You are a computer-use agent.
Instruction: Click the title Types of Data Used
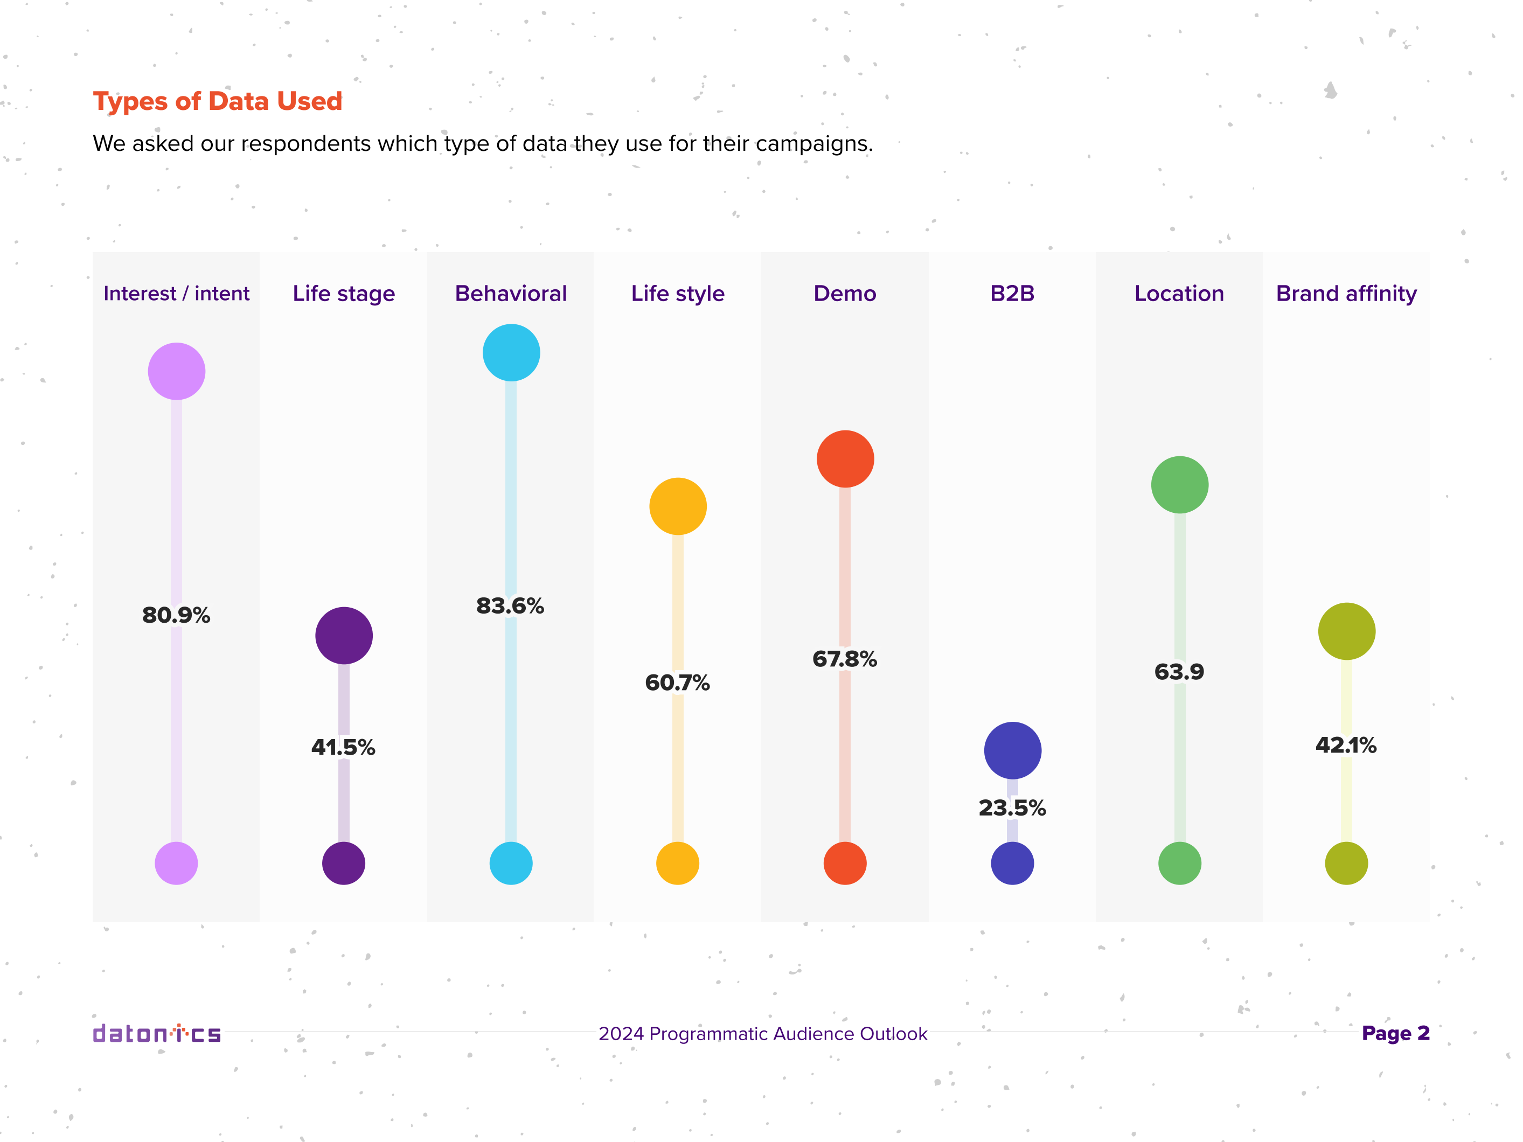218,101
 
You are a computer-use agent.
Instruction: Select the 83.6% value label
510,606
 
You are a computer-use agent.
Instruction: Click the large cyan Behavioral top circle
511,352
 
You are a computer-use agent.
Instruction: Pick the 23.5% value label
1012,807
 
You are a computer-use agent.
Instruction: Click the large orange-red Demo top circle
845,459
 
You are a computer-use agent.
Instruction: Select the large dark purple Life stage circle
344,635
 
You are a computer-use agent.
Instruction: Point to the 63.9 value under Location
1179,671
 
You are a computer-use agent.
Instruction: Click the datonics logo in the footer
157,1033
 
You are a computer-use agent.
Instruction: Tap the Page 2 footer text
1396,1033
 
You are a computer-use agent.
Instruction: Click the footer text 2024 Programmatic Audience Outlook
763,1034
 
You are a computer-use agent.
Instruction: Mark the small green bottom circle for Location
1179,863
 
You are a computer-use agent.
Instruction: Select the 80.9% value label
176,615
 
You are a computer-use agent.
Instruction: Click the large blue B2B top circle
1012,750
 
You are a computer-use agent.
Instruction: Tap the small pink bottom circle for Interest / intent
176,863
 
